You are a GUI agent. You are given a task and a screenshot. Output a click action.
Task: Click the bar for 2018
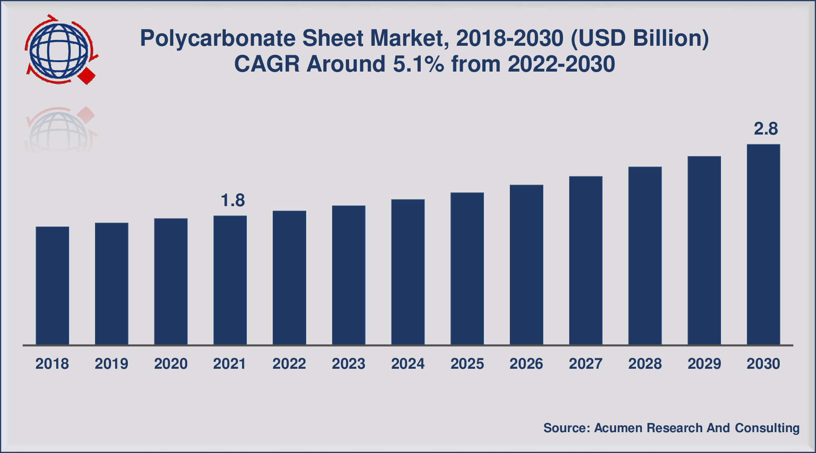click(52, 285)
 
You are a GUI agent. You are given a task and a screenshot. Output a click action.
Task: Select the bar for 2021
click(230, 280)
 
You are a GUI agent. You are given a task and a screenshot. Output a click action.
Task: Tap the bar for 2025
click(467, 268)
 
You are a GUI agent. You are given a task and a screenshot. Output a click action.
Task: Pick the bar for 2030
click(763, 245)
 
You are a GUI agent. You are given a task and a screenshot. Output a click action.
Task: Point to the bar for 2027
click(586, 260)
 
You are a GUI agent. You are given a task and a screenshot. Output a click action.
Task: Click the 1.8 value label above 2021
click(233, 200)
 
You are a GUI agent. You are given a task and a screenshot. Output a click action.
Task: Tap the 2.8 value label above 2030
click(766, 129)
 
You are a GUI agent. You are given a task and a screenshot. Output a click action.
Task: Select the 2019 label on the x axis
click(112, 364)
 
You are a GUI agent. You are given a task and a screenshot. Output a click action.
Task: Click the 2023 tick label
click(348, 364)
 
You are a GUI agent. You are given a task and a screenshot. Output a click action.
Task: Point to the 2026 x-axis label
click(526, 364)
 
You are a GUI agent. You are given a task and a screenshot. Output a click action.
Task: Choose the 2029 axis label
click(704, 364)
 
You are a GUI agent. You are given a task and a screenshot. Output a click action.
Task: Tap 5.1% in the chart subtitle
click(418, 64)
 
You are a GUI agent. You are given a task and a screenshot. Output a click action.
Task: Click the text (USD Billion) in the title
click(639, 39)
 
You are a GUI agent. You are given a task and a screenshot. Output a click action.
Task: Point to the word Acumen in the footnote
click(618, 428)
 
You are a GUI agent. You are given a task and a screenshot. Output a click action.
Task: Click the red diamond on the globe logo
click(87, 76)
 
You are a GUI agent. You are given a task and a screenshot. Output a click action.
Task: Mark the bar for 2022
click(289, 277)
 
